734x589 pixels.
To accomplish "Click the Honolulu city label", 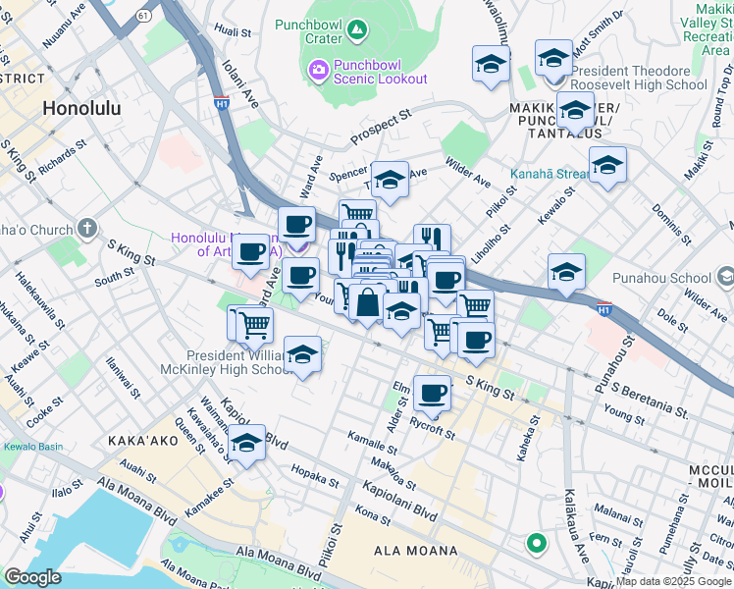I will coord(82,109).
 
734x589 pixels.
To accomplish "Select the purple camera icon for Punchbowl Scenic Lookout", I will coord(319,70).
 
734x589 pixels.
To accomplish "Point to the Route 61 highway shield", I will coord(145,17).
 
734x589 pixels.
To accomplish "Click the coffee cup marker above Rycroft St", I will coord(432,395).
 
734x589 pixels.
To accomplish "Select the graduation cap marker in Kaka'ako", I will coord(249,443).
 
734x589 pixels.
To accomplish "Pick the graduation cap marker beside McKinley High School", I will coord(303,354).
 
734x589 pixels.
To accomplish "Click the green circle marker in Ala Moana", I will coord(536,542).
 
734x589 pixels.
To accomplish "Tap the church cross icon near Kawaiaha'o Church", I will coord(87,230).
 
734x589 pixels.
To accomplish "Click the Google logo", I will coord(32,577).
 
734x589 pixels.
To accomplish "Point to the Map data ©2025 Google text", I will coord(673,581).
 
